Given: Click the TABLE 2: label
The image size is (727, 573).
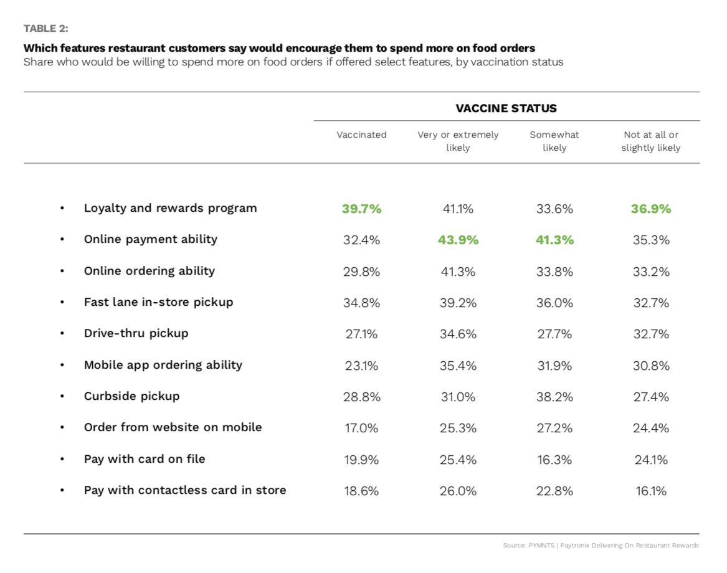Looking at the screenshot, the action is pyautogui.click(x=46, y=29).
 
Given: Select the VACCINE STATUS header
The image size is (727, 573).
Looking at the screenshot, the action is pyautogui.click(x=506, y=108).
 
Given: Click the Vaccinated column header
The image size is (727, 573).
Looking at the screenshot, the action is pyautogui.click(x=361, y=135).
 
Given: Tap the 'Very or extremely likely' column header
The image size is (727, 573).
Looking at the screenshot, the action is pyautogui.click(x=458, y=141).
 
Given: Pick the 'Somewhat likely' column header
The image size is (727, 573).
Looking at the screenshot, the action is pyautogui.click(x=554, y=141).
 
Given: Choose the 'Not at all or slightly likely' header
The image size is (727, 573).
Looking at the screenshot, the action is pyautogui.click(x=650, y=141).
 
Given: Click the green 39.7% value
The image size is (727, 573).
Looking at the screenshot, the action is pyautogui.click(x=362, y=209).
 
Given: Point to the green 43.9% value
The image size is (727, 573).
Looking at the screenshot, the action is pyautogui.click(x=458, y=240).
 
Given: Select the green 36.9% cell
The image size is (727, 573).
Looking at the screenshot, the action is pyautogui.click(x=651, y=209).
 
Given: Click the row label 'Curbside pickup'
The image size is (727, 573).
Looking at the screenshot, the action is pyautogui.click(x=131, y=396).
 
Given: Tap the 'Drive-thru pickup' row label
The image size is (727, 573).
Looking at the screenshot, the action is pyautogui.click(x=136, y=333).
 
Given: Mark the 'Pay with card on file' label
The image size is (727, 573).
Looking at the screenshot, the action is pyautogui.click(x=145, y=459).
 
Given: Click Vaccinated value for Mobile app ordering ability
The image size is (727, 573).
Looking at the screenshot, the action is pyautogui.click(x=361, y=366).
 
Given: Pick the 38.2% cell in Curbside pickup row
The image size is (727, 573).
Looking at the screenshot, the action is pyautogui.click(x=554, y=397).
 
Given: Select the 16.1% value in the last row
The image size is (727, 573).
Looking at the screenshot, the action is pyautogui.click(x=651, y=491).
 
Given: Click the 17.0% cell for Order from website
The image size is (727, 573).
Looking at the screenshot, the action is pyautogui.click(x=361, y=428).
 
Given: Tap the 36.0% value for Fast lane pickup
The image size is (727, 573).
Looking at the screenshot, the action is pyautogui.click(x=554, y=303).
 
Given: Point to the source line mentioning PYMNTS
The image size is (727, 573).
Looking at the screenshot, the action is pyautogui.click(x=601, y=546).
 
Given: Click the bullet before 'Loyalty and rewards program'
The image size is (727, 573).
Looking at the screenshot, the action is pyautogui.click(x=62, y=209).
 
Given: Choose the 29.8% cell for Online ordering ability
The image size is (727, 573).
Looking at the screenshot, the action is pyautogui.click(x=361, y=272).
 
